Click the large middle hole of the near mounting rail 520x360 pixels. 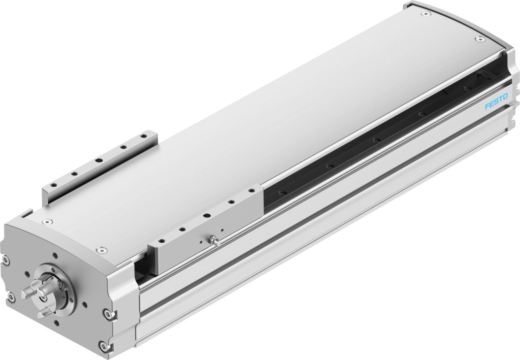[206, 215]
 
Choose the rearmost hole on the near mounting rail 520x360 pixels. [252, 190]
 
